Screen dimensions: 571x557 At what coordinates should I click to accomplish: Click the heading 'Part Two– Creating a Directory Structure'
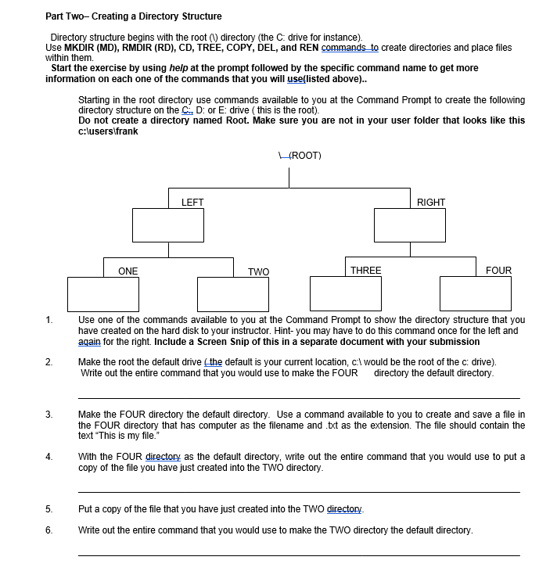(x=133, y=16)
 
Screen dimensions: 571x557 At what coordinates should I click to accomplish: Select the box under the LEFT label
(x=167, y=226)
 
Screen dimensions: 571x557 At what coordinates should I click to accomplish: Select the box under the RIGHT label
(x=410, y=226)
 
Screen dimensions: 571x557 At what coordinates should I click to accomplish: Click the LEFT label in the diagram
(x=192, y=203)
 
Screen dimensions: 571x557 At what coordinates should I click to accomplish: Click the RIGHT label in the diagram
(x=431, y=203)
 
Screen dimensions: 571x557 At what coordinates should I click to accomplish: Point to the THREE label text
(x=366, y=271)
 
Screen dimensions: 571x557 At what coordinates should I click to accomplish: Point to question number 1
(x=49, y=320)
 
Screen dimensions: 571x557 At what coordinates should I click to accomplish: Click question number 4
(x=49, y=457)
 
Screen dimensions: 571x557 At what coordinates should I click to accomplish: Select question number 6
(x=49, y=530)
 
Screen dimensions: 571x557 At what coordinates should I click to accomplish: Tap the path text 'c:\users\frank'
(x=109, y=131)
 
